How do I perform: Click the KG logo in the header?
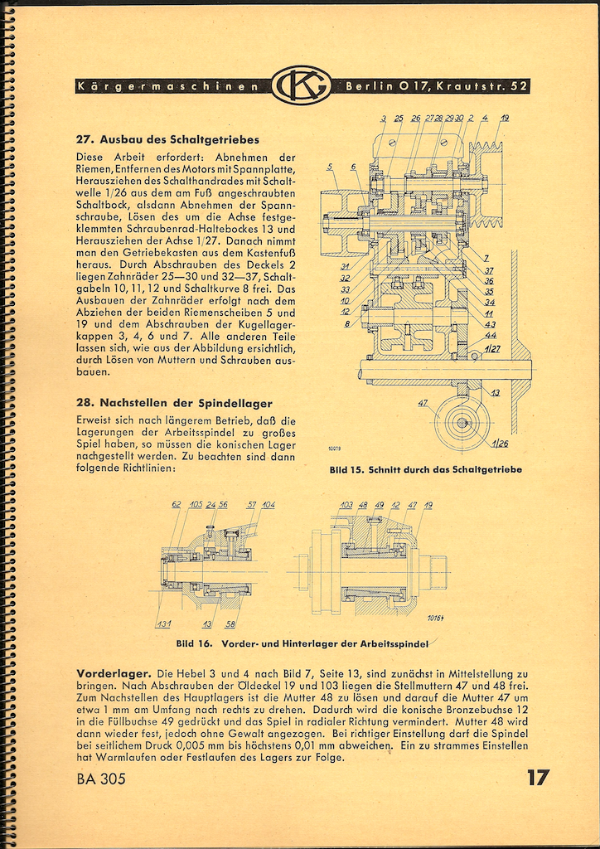(301, 85)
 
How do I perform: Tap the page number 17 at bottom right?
(536, 778)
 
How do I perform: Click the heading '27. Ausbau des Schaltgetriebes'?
(167, 139)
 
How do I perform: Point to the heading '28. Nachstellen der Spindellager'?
(173, 404)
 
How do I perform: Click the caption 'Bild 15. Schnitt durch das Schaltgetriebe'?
(425, 469)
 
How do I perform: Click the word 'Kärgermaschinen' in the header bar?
(171, 85)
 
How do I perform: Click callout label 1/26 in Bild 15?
(499, 443)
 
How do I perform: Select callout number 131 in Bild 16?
(162, 624)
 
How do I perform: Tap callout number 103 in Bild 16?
(346, 504)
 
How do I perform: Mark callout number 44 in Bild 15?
(491, 335)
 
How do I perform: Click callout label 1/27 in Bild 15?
(492, 349)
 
